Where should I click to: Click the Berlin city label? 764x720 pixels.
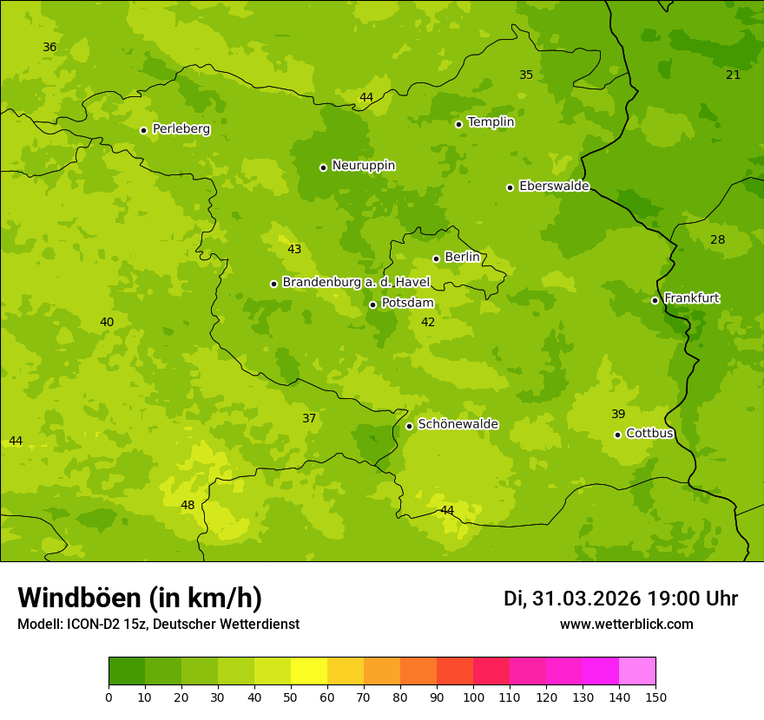coord(462,258)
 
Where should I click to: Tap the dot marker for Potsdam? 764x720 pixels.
coord(372,304)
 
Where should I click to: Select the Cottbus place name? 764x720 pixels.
coord(649,433)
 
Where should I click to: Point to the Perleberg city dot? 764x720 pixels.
coord(143,130)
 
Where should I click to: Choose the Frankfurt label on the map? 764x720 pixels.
coord(691,298)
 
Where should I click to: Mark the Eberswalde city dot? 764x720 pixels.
coord(510,187)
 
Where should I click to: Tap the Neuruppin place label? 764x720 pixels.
coord(363,166)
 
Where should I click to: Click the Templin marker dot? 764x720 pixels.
coord(458,124)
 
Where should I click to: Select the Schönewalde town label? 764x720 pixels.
coord(458,424)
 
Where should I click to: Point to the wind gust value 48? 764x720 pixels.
coord(188,505)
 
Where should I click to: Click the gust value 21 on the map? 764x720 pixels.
coord(733,75)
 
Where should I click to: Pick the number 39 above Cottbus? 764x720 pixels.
coord(618,414)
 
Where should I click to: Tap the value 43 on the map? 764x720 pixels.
coord(294,249)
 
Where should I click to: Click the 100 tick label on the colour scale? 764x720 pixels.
coord(473,696)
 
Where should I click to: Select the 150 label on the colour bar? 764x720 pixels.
coord(655,696)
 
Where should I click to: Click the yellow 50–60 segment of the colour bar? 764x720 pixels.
coord(309,671)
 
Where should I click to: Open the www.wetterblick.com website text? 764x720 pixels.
coord(626,624)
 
